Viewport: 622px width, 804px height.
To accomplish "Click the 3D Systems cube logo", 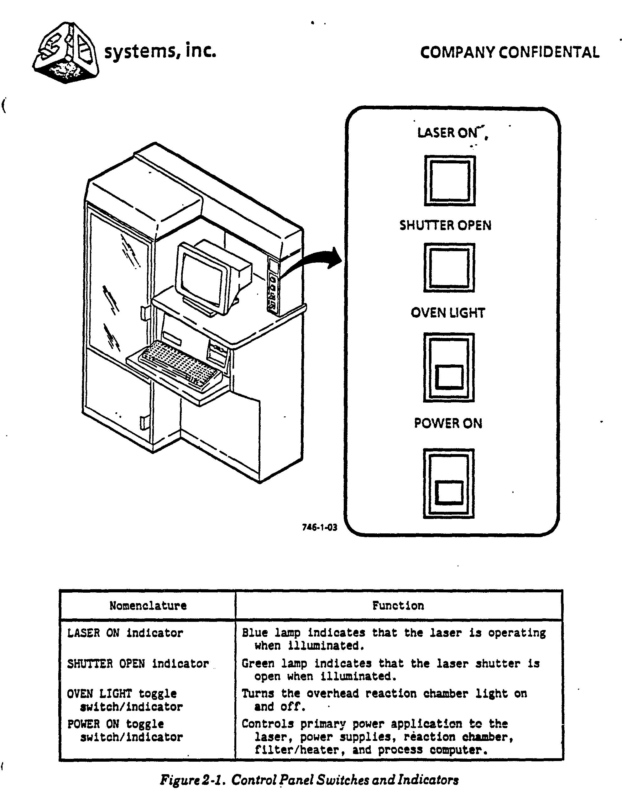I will [x=65, y=53].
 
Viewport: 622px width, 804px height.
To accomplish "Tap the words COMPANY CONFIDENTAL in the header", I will [x=510, y=53].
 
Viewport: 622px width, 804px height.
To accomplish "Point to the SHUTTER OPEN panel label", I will [x=445, y=225].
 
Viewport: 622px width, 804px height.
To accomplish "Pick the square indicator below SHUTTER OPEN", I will [x=449, y=267].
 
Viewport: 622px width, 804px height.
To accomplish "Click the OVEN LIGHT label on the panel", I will [x=448, y=313].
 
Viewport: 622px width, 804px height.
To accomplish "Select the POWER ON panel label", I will [x=448, y=423].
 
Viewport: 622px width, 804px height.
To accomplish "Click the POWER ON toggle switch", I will [x=449, y=483].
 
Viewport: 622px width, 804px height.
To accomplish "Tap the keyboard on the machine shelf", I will [x=180, y=364].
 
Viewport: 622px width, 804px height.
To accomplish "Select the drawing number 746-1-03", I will [x=319, y=527].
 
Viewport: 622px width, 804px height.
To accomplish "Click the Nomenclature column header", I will [x=148, y=606].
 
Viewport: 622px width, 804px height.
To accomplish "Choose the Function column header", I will [x=398, y=606].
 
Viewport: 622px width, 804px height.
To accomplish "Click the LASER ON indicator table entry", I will [x=125, y=633].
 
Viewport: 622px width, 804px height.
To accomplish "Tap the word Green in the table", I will [x=258, y=664].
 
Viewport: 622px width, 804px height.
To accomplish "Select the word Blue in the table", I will [x=254, y=633].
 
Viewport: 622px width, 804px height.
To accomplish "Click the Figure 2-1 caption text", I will [x=309, y=780].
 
